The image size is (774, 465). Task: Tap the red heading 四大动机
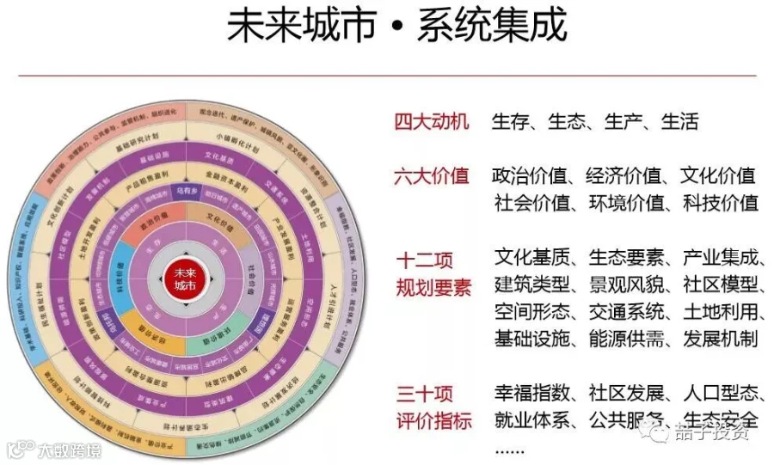pos(432,121)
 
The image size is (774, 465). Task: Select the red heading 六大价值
pos(432,176)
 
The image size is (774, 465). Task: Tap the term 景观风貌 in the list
pos(624,285)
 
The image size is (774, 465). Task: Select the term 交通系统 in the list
pos(624,311)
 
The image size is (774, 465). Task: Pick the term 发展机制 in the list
pos(719,338)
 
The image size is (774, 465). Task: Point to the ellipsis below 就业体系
pos(509,448)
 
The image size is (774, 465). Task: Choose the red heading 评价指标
pos(433,421)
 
